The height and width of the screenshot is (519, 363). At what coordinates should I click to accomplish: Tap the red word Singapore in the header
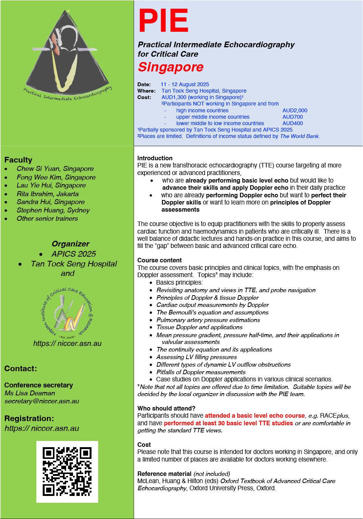pyautogui.click(x=171, y=67)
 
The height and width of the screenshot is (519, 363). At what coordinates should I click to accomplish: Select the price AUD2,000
pyautogui.click(x=295, y=110)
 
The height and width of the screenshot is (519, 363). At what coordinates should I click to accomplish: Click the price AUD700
pyautogui.click(x=292, y=117)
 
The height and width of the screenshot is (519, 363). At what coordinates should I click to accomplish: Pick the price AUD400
pyautogui.click(x=292, y=123)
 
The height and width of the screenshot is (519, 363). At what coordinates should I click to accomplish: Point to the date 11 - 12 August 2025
pyautogui.click(x=185, y=84)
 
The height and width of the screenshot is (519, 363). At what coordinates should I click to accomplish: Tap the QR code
pyautogui.click(x=67, y=471)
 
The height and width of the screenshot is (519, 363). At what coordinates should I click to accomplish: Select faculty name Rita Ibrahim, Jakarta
pyautogui.click(x=48, y=194)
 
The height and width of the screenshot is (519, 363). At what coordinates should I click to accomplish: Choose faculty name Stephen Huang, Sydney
pyautogui.click(x=53, y=210)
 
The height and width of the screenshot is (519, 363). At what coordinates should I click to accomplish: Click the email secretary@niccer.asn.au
pyautogui.click(x=42, y=401)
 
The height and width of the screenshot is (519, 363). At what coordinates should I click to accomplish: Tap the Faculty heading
pyautogui.click(x=18, y=160)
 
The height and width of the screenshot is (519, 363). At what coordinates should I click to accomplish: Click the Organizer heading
pyautogui.click(x=70, y=244)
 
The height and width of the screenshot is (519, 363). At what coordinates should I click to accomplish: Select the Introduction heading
pyautogui.click(x=155, y=158)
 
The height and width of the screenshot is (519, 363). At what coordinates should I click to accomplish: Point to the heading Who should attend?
pyautogui.click(x=166, y=408)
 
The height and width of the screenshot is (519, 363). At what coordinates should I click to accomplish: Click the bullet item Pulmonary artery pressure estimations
pyautogui.click(x=208, y=320)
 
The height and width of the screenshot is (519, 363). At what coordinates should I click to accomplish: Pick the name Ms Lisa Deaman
pyautogui.click(x=29, y=393)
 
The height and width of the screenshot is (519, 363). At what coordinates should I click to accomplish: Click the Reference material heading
pyautogui.click(x=164, y=474)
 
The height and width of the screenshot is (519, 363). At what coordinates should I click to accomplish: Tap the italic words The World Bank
pyautogui.click(x=299, y=136)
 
